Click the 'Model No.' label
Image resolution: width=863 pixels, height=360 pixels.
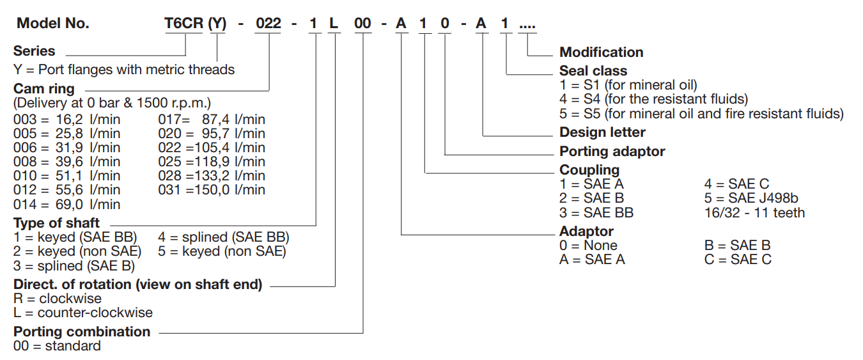pos(53,24)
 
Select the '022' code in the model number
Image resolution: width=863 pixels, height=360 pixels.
pos(268,24)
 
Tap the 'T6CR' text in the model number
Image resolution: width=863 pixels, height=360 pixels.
pos(183,24)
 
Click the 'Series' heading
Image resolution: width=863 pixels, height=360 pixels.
pos(35,51)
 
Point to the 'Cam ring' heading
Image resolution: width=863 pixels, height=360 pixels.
pos(44,89)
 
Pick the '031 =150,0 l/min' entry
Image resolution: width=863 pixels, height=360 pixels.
pos(211,190)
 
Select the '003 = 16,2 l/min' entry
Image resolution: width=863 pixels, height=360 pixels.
pos(66,120)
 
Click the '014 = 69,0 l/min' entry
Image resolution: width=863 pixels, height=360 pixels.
pos(66,205)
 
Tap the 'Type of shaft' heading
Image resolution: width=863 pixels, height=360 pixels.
pos(56,223)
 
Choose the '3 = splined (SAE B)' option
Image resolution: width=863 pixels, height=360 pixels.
pos(74,266)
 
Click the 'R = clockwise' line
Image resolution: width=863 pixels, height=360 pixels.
pos(58,299)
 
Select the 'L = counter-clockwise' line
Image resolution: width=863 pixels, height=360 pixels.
pos(83,313)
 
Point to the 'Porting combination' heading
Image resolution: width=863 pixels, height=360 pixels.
pos(82,332)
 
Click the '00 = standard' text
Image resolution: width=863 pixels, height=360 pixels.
pos(57,346)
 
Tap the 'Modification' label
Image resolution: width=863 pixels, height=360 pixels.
pos(601,52)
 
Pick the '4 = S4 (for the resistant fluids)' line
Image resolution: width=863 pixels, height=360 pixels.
pos(653,99)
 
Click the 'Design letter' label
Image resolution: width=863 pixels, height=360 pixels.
pos(602,132)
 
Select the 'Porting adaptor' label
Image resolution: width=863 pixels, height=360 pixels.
pos(612,152)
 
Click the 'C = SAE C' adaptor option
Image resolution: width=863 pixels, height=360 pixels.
pos(738,260)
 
